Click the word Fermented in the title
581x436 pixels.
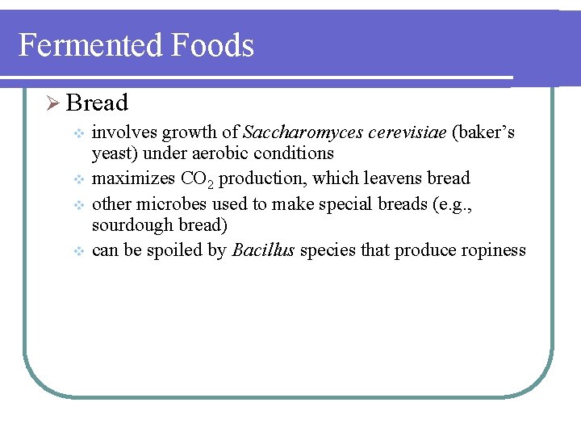(89, 45)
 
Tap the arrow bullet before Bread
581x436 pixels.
(52, 103)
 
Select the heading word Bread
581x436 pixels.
(98, 103)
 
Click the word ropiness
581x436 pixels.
(492, 250)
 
